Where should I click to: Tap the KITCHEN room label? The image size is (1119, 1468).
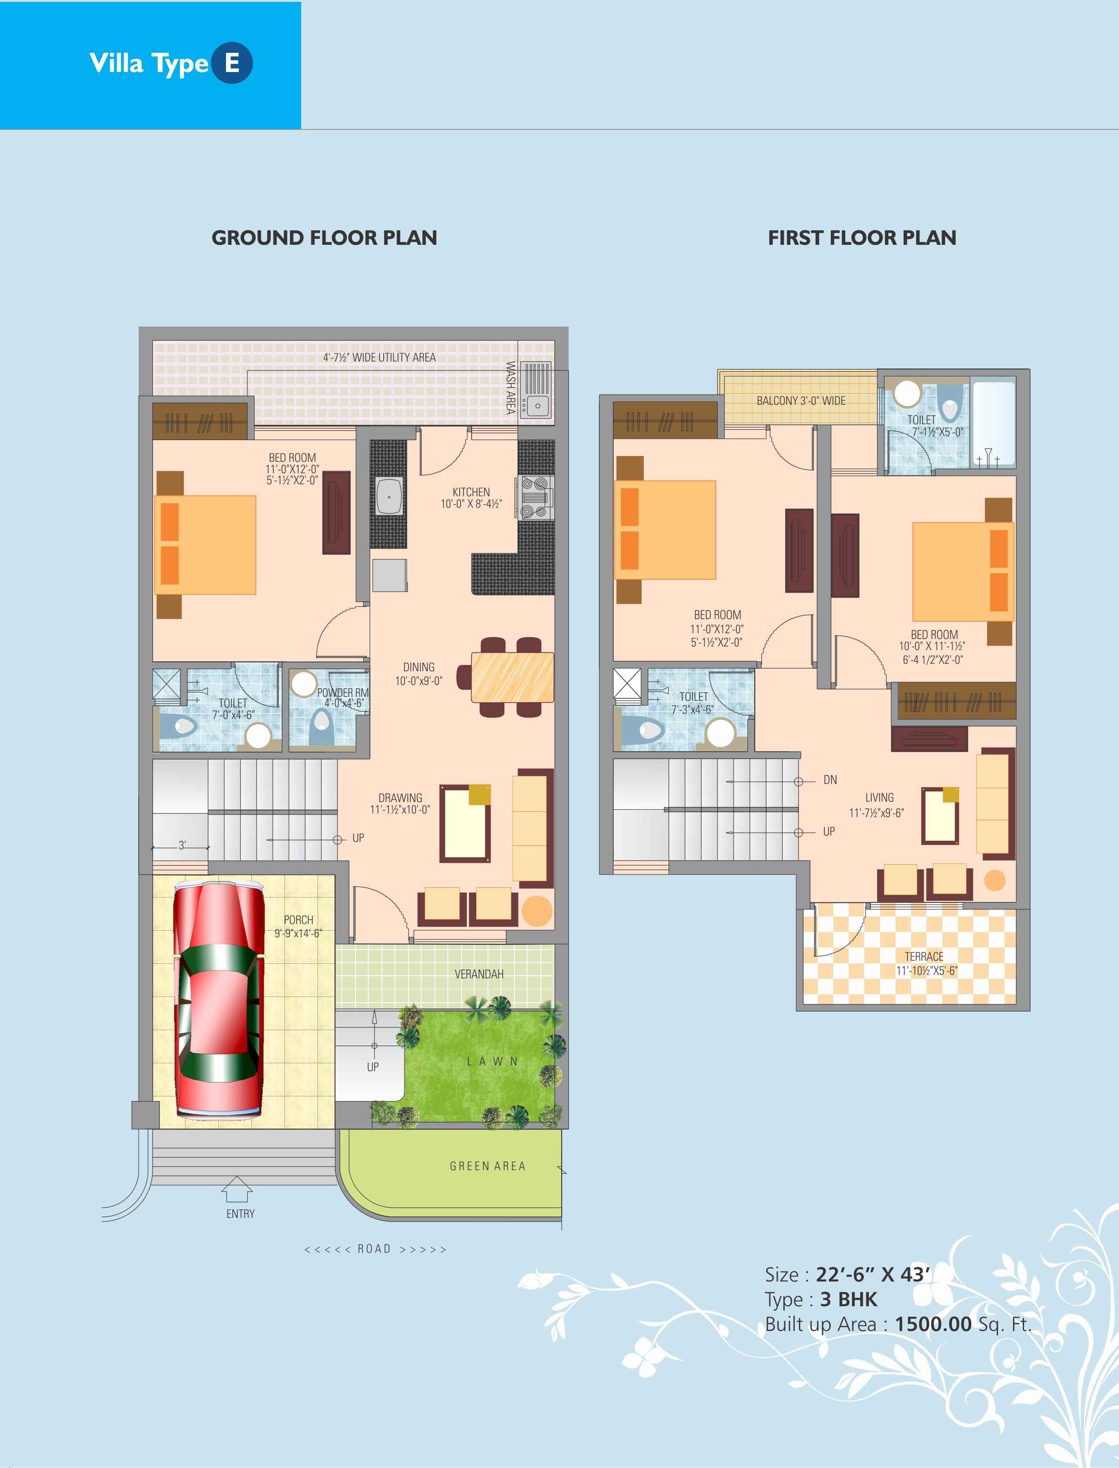pyautogui.click(x=471, y=492)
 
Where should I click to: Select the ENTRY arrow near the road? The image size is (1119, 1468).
pyautogui.click(x=236, y=1190)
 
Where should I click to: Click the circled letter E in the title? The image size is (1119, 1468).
pyautogui.click(x=232, y=63)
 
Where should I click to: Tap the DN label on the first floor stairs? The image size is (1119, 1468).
pyautogui.click(x=830, y=780)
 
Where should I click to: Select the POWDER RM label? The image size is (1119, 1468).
pyautogui.click(x=342, y=693)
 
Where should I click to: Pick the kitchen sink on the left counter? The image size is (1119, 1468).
pyautogui.click(x=389, y=496)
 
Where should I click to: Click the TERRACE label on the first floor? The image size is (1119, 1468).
pyautogui.click(x=924, y=956)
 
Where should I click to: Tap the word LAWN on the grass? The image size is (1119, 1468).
pyautogui.click(x=492, y=1061)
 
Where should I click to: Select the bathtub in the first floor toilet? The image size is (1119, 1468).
pyautogui.click(x=992, y=422)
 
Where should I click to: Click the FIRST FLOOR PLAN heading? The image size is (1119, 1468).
pyautogui.click(x=862, y=238)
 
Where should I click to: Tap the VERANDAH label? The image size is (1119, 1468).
pyautogui.click(x=479, y=974)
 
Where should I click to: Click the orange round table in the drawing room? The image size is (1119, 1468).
pyautogui.click(x=537, y=910)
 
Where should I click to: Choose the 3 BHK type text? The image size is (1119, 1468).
pyautogui.click(x=849, y=1299)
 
